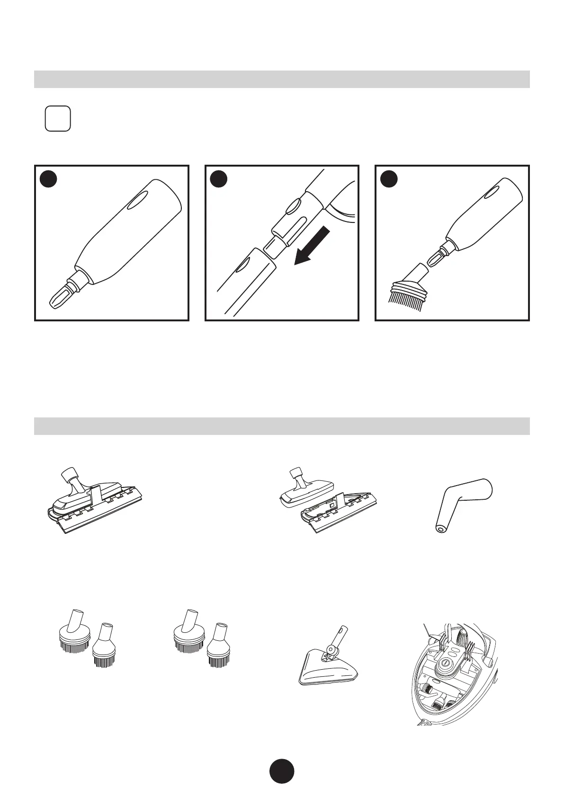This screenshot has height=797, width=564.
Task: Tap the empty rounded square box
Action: pyautogui.click(x=58, y=119)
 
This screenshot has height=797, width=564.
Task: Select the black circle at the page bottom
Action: pyautogui.click(x=282, y=771)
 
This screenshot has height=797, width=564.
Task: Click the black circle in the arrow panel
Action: pyautogui.click(x=218, y=179)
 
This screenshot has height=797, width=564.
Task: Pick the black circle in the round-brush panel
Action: pyautogui.click(x=389, y=179)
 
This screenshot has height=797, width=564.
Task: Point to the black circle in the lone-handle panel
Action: pyautogui.click(x=48, y=179)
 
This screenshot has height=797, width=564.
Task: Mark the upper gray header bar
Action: pyautogui.click(x=282, y=79)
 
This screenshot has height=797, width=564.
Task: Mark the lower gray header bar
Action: pyautogui.click(x=282, y=426)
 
